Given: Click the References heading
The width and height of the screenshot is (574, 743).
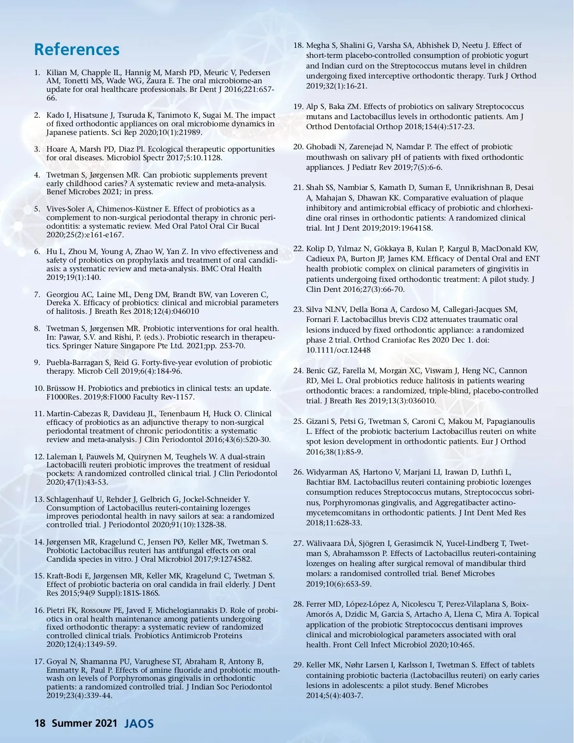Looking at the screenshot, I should coord(77,49).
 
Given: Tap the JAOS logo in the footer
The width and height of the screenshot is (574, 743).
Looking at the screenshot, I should coord(139,723).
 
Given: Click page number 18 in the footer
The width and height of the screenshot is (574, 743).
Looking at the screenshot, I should coord(39,723).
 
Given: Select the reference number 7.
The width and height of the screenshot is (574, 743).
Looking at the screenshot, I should coord(37,294).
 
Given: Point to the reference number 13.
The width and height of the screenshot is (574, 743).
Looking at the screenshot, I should coord(39,499).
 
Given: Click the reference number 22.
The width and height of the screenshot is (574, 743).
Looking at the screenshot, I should coord(298,248).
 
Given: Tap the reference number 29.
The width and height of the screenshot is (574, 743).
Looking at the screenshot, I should coord(298,665).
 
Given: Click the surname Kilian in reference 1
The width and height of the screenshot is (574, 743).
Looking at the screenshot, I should coord(55,73).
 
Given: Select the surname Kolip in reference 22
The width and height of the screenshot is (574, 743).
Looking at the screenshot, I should coord(316,248).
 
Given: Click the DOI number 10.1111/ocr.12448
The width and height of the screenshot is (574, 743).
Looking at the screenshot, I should coord(338,350).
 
